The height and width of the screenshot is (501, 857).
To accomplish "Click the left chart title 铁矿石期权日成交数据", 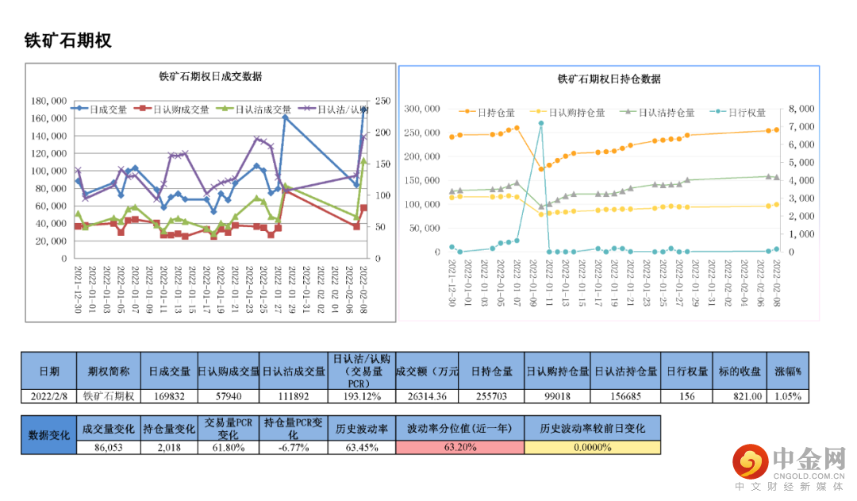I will tap(210, 77).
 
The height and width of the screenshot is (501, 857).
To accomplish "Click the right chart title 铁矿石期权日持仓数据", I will tap(609, 79).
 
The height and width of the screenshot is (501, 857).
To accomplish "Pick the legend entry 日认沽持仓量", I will tap(661, 113).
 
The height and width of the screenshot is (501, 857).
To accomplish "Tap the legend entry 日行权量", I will tap(741, 113).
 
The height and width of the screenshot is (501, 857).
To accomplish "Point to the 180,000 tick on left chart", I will tap(48, 101).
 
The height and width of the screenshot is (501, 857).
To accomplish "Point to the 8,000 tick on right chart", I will tap(803, 109).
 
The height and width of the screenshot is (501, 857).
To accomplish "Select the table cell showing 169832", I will tap(170, 396).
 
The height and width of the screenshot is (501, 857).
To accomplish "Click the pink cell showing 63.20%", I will tap(460, 447).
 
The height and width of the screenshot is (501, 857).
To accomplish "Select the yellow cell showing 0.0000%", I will tap(592, 447).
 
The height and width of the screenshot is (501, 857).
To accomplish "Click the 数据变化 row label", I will tap(48, 435).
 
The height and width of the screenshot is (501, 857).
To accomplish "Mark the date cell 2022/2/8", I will tap(48, 396).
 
